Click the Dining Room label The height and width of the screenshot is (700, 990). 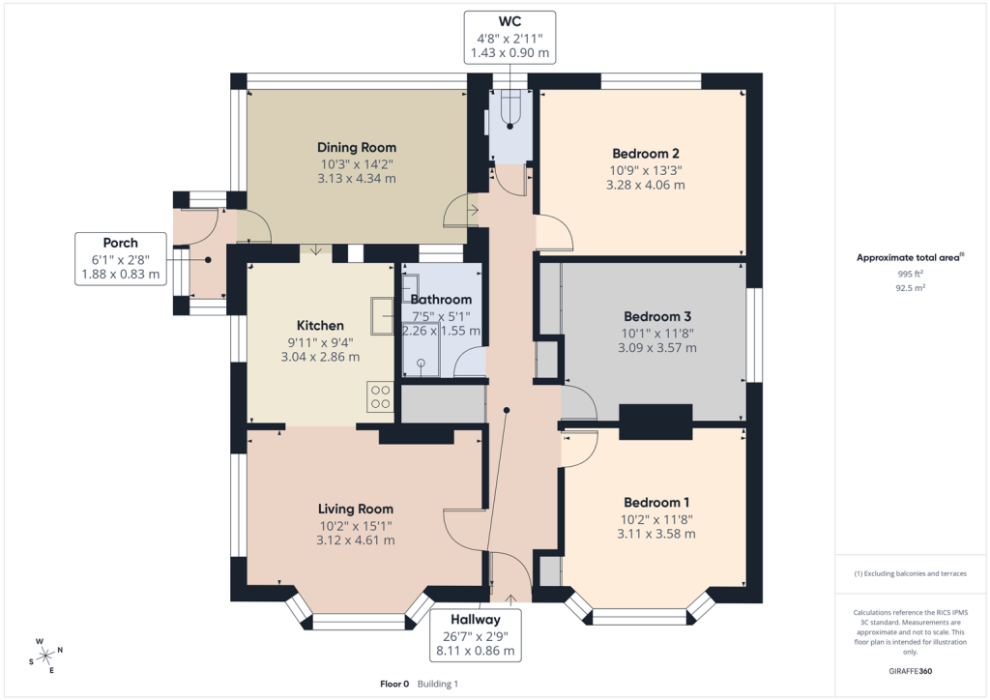(357, 147)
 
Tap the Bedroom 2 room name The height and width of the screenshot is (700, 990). (645, 154)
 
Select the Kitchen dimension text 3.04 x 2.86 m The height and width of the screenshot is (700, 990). (320, 357)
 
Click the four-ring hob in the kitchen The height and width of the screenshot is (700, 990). (380, 396)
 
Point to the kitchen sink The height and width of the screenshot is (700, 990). (383, 315)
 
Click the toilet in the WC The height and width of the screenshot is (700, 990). (509, 109)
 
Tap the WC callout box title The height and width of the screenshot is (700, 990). (510, 22)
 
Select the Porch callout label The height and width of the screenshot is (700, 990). (121, 243)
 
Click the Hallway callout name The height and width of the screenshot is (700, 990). (476, 620)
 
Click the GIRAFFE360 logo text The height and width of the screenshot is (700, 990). (910, 671)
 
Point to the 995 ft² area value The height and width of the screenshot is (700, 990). (910, 274)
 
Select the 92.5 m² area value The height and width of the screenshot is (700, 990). (910, 288)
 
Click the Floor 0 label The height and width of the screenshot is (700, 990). (394, 684)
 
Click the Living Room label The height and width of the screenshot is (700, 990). (356, 509)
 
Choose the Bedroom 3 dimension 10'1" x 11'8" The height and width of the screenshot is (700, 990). (656, 334)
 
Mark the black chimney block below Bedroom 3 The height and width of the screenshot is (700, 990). (656, 422)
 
